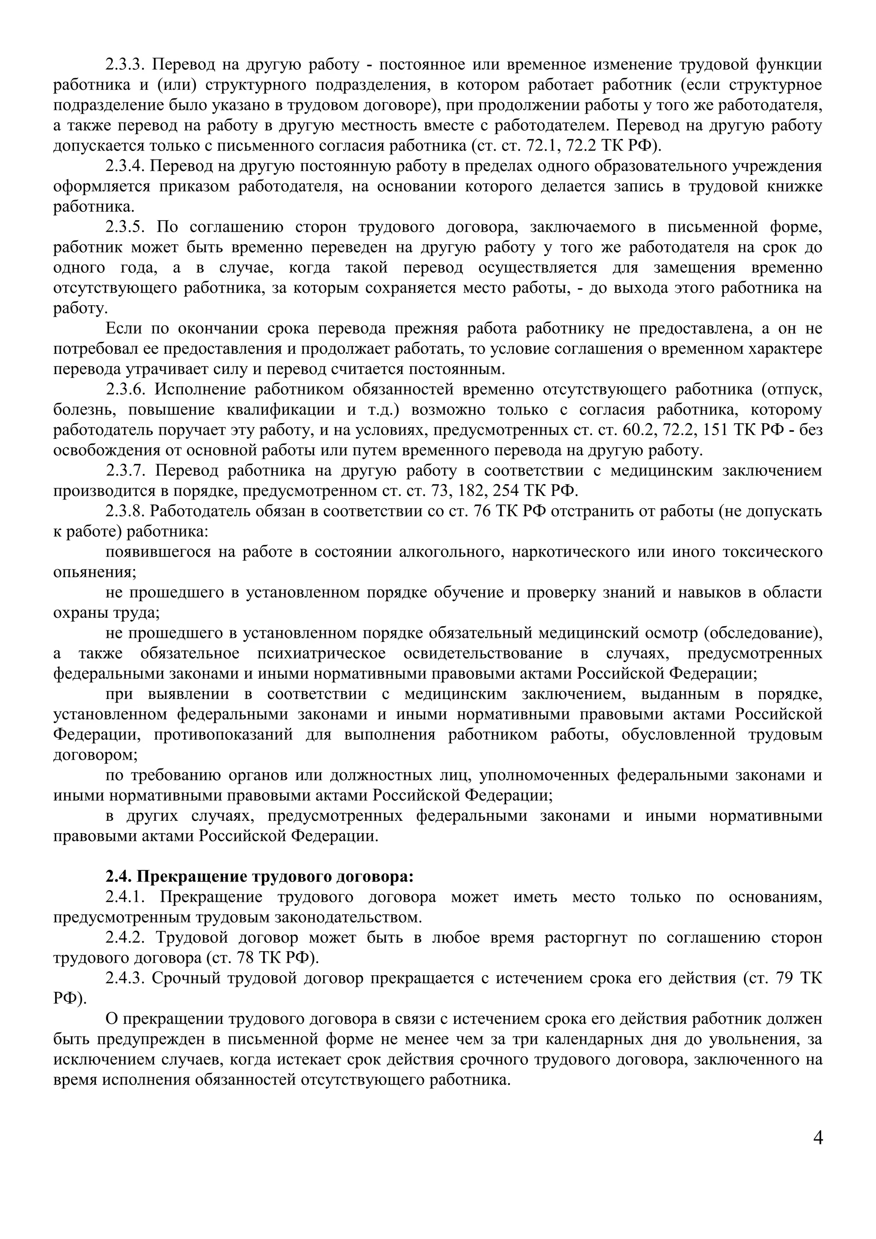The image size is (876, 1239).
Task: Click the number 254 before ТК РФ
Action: tap(506, 491)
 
